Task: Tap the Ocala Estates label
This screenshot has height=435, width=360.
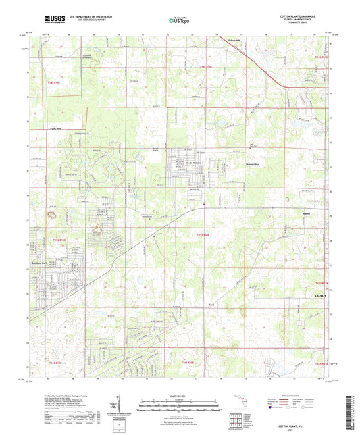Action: (x=195, y=163)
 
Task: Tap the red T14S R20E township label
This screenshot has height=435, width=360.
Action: (x=207, y=66)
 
